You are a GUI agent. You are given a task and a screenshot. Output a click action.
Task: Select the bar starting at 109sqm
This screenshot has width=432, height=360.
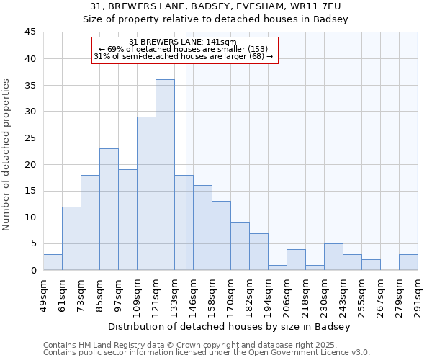(x=146, y=194)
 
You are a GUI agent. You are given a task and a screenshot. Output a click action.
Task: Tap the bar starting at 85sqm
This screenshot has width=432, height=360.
(x=109, y=210)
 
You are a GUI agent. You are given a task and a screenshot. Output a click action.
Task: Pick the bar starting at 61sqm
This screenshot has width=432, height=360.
(x=71, y=238)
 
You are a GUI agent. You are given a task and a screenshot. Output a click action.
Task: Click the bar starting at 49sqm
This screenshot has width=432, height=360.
(x=53, y=262)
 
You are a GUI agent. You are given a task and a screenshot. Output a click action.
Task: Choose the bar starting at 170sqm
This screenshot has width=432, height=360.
(x=240, y=246)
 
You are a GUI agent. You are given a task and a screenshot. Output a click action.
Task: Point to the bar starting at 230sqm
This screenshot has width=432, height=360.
(x=333, y=257)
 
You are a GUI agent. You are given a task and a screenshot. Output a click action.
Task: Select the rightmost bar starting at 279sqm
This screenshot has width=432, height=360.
(x=408, y=262)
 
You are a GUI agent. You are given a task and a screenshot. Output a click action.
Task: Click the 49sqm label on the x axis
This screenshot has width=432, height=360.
(x=43, y=292)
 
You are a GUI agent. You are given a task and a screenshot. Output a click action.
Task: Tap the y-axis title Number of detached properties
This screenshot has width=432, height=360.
(x=7, y=155)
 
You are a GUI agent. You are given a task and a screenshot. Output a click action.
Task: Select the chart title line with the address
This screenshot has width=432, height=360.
(x=216, y=6)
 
